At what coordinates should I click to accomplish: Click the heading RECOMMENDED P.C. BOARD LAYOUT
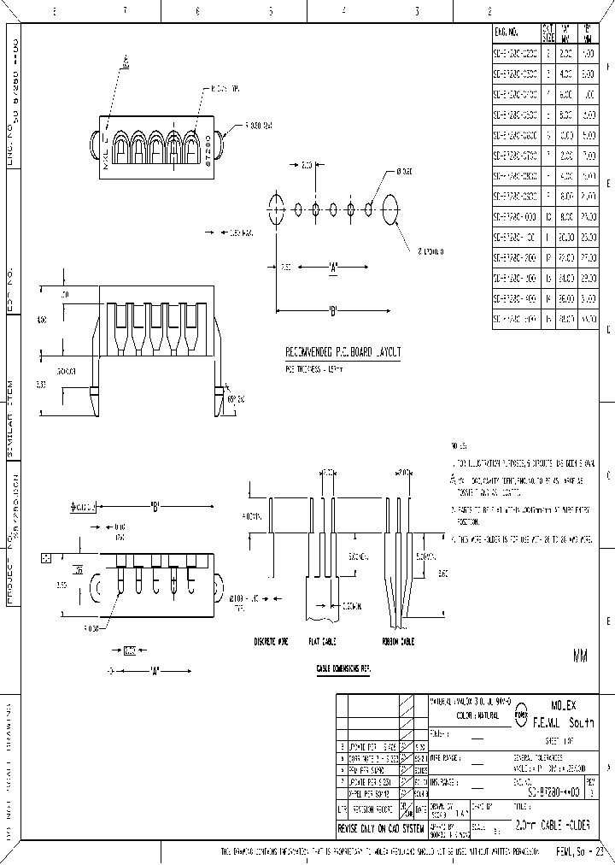(343, 352)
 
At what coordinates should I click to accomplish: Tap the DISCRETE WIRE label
(272, 639)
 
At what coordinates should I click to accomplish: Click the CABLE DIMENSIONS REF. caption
(344, 667)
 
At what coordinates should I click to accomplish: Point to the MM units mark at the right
(581, 656)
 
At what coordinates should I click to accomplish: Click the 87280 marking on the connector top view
(208, 155)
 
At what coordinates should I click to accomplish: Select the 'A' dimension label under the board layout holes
(332, 268)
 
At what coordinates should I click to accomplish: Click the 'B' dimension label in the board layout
(332, 310)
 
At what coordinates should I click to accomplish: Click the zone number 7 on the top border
(125, 12)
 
